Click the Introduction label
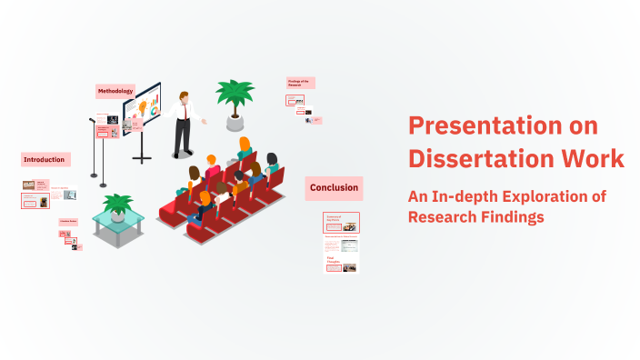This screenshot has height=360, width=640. [x=45, y=159]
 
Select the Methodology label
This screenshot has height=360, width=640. [x=115, y=91]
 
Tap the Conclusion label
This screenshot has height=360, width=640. [x=334, y=188]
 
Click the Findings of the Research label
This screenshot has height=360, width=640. [x=300, y=82]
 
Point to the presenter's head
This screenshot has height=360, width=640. [x=184, y=95]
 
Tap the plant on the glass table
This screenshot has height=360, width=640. [x=117, y=205]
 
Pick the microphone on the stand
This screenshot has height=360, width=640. [x=93, y=118]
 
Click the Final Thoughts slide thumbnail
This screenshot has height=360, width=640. [x=341, y=265]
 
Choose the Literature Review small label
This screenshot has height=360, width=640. [x=68, y=222]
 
